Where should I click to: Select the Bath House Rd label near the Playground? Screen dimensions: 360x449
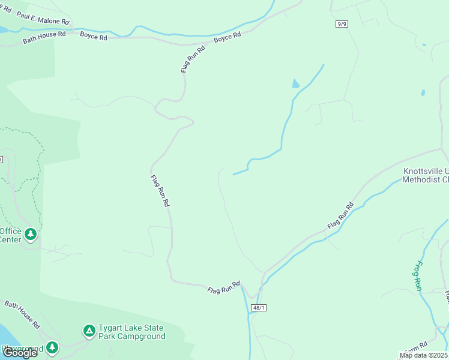[x=23, y=314]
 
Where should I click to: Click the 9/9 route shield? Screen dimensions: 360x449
[x=342, y=23]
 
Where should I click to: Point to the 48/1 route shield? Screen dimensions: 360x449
[x=259, y=307]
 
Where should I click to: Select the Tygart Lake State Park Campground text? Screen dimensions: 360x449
[x=132, y=332]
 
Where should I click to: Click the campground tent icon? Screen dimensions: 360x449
[x=89, y=330]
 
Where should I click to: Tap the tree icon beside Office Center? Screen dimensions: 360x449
[x=31, y=233]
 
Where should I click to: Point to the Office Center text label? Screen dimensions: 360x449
[x=11, y=235]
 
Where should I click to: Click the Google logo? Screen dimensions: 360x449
[x=19, y=352]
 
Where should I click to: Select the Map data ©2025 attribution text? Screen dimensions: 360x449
[x=424, y=355]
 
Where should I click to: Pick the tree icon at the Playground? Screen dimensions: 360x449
[x=52, y=347]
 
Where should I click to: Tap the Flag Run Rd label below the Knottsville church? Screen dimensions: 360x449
[x=340, y=215]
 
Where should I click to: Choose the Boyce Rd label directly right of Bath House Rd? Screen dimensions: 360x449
[x=94, y=37]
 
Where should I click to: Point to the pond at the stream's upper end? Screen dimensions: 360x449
[x=295, y=83]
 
